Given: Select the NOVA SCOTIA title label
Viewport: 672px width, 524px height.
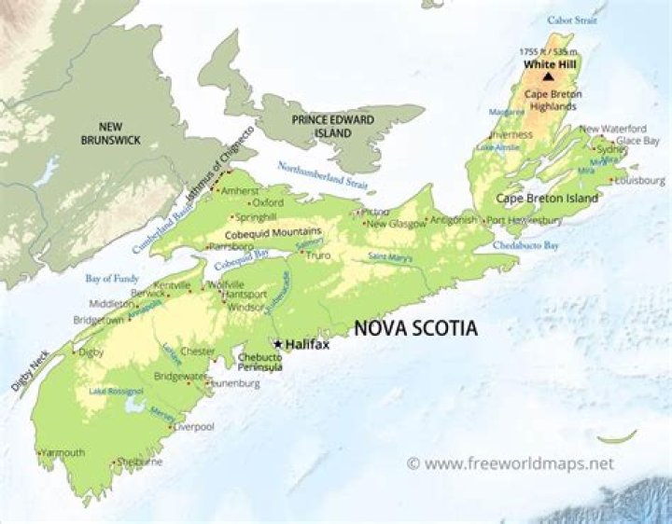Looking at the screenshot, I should point(413,328).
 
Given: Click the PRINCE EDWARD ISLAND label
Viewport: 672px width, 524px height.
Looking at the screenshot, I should point(332,127).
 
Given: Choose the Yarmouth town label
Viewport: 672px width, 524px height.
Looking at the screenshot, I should point(64,453).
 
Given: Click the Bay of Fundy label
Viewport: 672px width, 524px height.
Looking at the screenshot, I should point(112,278).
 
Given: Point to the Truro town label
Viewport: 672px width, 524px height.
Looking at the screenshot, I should point(319,255).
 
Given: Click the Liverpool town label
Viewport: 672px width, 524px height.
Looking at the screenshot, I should point(194,426).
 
